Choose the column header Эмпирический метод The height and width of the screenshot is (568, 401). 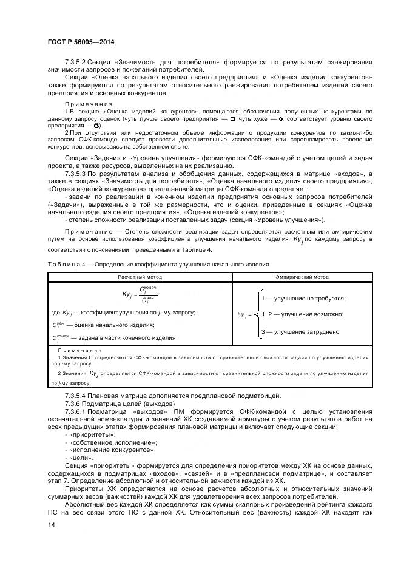point(302,277)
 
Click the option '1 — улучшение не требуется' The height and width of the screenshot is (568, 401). point(303,299)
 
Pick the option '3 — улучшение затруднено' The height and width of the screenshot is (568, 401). point(299,331)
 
